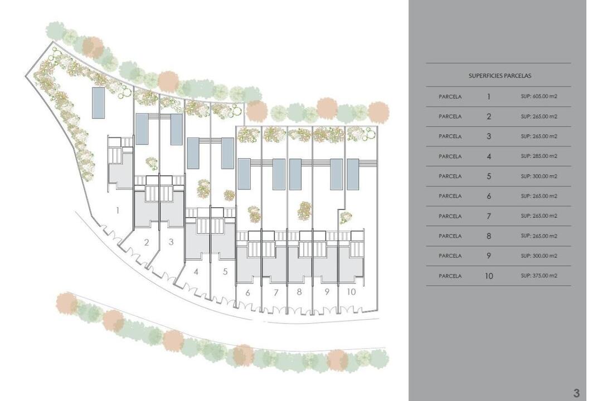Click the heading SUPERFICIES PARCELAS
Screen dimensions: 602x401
coord(499,76)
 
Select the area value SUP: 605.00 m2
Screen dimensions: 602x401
coord(538,97)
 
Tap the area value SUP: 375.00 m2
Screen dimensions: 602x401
coord(538,276)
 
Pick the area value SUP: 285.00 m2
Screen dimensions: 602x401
coord(538,156)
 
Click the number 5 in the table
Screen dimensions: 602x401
coord(489,176)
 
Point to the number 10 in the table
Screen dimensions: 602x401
coord(489,276)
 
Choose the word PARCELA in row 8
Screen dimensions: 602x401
coord(450,236)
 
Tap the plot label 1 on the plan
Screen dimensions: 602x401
coord(118,211)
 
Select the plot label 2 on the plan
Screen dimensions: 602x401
coord(146,242)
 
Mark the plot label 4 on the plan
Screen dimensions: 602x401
coord(196,272)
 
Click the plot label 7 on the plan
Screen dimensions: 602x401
coord(276,293)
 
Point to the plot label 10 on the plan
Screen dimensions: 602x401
coord(351,292)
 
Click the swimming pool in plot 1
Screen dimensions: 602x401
coord(98,103)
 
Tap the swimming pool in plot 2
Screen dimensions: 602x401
coord(142,129)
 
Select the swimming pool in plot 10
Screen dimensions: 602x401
coord(353,174)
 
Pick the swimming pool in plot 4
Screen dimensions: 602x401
coord(193,154)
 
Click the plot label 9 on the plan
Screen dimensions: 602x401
coord(327,292)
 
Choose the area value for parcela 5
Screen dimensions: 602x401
coord(538,176)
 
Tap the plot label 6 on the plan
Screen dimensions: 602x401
coord(247,293)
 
